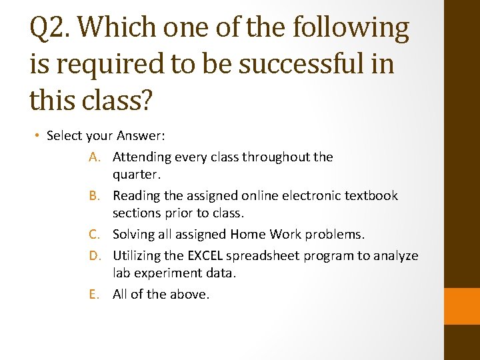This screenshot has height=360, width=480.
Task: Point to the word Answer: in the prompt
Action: point(141,136)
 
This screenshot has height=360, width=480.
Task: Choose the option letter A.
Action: point(94,157)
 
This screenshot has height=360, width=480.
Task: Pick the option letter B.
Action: point(94,196)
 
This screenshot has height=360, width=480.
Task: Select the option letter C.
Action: point(94,235)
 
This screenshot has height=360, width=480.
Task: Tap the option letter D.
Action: point(94,256)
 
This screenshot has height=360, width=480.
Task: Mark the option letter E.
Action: point(94,295)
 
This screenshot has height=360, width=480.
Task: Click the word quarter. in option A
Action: point(137,175)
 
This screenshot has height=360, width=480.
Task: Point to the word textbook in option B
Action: point(371,196)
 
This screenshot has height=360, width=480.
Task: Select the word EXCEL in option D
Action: point(205,256)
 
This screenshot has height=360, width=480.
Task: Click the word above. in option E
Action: point(189,295)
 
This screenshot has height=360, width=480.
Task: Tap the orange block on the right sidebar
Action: point(462,306)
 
